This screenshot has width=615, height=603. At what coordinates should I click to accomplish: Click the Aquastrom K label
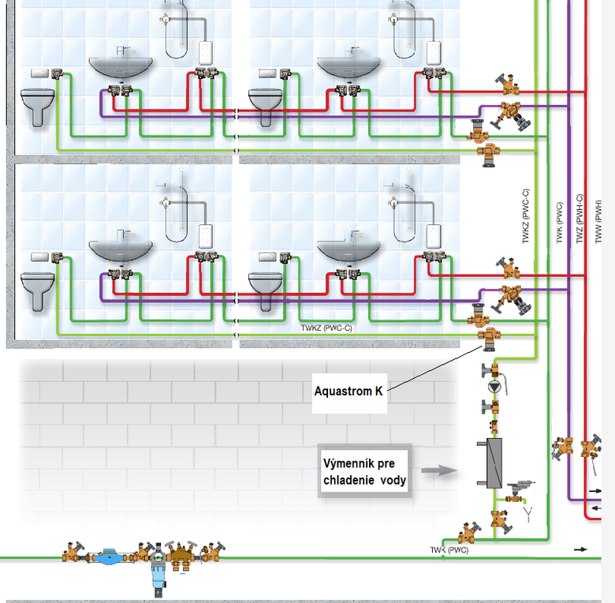(x=348, y=390)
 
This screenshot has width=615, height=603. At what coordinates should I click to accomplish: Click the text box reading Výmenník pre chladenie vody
(x=364, y=472)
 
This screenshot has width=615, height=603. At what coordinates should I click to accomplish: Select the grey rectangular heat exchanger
(x=494, y=462)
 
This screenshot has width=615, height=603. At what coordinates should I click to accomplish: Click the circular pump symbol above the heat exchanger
(x=494, y=388)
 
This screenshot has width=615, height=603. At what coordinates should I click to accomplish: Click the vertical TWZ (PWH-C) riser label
(x=580, y=219)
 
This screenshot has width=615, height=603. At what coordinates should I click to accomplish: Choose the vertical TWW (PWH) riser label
(x=599, y=220)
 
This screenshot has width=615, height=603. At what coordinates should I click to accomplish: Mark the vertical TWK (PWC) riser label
(x=559, y=223)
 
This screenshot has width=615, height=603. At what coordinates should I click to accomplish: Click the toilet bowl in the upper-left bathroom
(x=37, y=106)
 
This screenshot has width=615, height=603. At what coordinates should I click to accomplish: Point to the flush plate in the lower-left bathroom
(x=39, y=257)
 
